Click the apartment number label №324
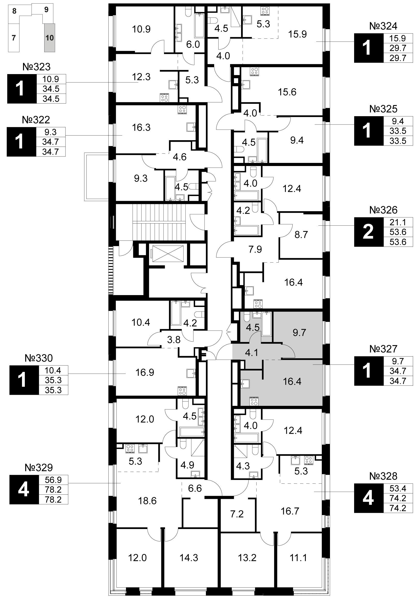pyautogui.click(x=383, y=26)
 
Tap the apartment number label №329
pyautogui.click(x=39, y=468)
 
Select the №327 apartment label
pyautogui.click(x=383, y=349)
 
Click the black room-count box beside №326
pyautogui.click(x=369, y=232)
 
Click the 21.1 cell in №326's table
pyautogui.click(x=398, y=222)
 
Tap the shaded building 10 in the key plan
pyautogui.click(x=49, y=38)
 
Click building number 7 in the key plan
pyautogui.click(x=14, y=38)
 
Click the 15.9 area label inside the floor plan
pyautogui.click(x=297, y=34)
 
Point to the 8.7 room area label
pyautogui.click(x=301, y=234)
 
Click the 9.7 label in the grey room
pyautogui.click(x=299, y=333)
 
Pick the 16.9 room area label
pyautogui.click(x=145, y=372)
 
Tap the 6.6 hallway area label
pyautogui.click(x=195, y=488)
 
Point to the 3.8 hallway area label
pyautogui.click(x=174, y=340)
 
